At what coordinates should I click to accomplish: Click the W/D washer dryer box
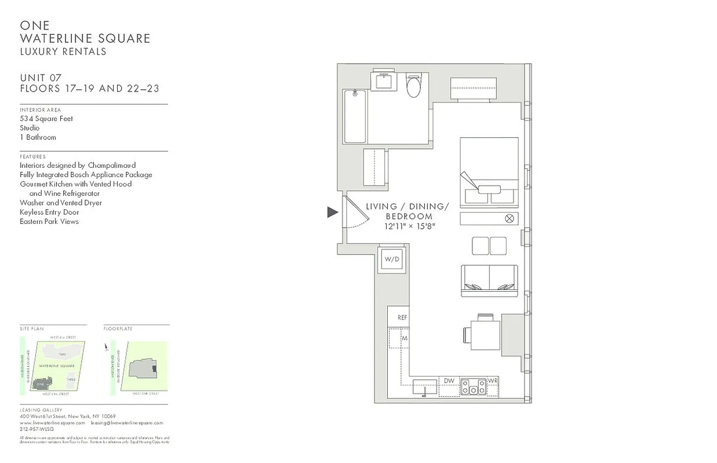[392, 259]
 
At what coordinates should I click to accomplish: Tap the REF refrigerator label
[403, 318]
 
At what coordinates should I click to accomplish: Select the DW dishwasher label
[449, 381]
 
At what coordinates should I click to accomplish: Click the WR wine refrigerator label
[493, 381]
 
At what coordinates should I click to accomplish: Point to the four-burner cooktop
[474, 386]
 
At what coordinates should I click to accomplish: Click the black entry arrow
[332, 212]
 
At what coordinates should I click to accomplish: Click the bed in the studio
[489, 172]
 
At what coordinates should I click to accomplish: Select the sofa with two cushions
[489, 280]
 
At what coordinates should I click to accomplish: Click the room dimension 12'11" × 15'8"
[409, 226]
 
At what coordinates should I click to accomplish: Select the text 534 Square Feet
[46, 119]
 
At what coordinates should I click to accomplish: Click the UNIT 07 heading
[41, 78]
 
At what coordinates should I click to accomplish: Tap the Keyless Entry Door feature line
[49, 212]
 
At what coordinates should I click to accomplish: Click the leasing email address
[127, 423]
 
